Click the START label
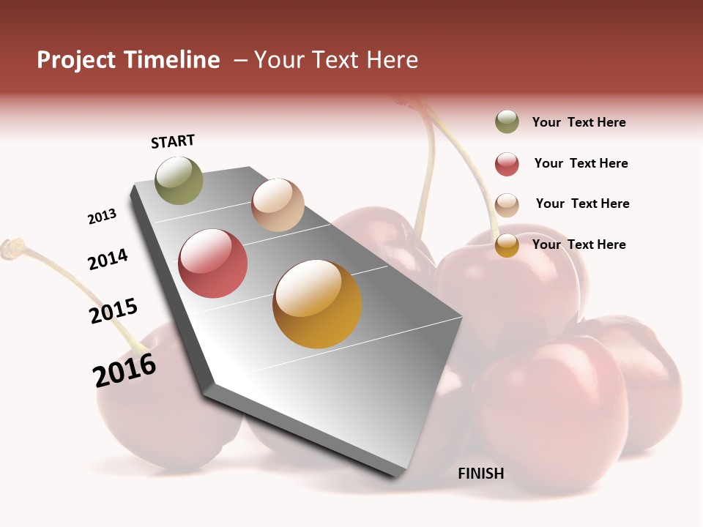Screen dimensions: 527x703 173,141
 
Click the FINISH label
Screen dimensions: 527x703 481,474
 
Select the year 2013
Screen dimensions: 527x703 102,217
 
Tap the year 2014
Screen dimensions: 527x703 108,259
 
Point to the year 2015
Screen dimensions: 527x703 114,310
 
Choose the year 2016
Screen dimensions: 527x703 124,370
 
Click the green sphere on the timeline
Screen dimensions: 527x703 179,180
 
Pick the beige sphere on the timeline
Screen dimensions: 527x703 278,205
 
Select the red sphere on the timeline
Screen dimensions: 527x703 212,263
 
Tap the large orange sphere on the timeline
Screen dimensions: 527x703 317,304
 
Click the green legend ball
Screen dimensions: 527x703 507,122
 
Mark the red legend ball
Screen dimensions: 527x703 507,164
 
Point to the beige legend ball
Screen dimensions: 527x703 507,204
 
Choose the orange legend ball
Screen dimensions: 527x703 507,245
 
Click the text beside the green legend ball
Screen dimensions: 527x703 579,123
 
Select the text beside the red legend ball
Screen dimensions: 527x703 581,164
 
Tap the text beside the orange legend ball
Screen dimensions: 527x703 579,245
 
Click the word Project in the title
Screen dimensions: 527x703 76,61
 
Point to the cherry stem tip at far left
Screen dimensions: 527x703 11,248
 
